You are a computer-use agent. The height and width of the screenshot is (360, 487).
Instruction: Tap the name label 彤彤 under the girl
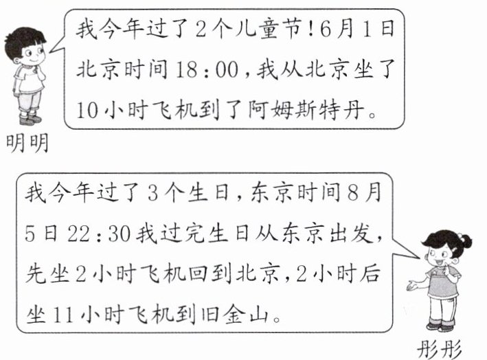click(x=443, y=347)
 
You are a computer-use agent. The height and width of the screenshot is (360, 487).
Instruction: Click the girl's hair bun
click(x=466, y=243)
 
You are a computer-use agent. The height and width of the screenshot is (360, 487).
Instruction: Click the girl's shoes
click(x=440, y=325)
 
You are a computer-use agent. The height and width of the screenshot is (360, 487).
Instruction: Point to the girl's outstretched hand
click(x=411, y=285)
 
